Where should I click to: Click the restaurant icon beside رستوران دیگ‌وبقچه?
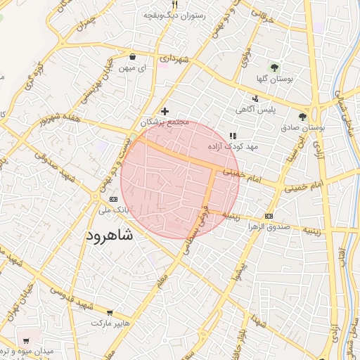[174, 5]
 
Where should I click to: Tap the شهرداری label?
[174, 60]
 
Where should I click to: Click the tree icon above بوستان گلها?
[274, 68]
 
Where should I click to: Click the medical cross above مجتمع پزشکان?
[165, 111]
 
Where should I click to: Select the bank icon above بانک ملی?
[113, 199]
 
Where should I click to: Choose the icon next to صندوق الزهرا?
[269, 216]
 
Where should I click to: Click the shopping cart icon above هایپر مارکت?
[110, 311]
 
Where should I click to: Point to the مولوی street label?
[245, 53]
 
